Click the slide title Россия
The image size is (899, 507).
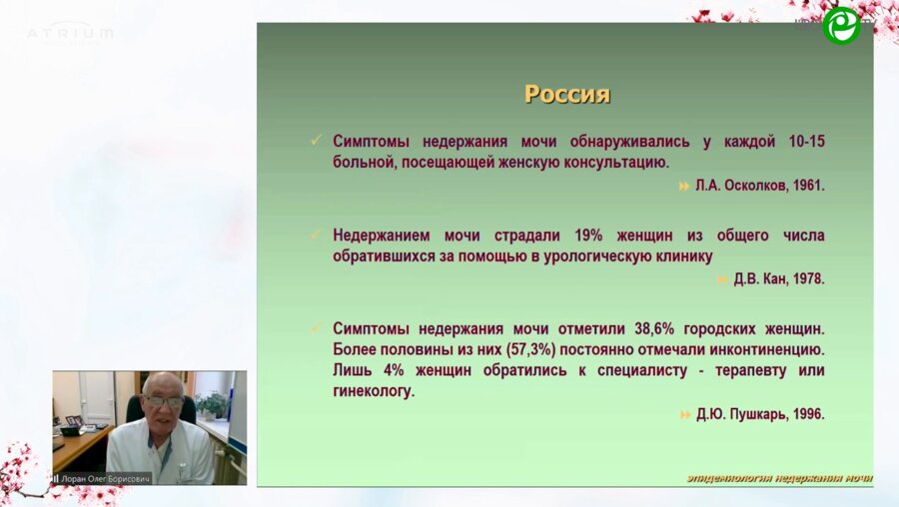pyautogui.click(x=567, y=95)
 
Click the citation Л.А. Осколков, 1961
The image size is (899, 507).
pyautogui.click(x=760, y=186)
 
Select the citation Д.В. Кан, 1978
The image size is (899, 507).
pyautogui.click(x=779, y=279)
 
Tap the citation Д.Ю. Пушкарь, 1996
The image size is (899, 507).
pyautogui.click(x=760, y=414)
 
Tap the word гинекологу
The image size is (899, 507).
pyautogui.click(x=373, y=391)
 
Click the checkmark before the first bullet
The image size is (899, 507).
pyautogui.click(x=317, y=141)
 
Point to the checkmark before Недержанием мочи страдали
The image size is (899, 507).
pyautogui.click(x=317, y=235)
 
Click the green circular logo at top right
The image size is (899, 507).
pyautogui.click(x=841, y=26)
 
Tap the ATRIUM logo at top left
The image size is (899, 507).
pyautogui.click(x=70, y=33)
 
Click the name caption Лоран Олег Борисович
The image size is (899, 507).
pyautogui.click(x=105, y=478)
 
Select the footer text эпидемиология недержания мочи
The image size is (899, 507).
pyautogui.click(x=779, y=478)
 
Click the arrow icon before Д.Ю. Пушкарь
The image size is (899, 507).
pyautogui.click(x=685, y=414)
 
